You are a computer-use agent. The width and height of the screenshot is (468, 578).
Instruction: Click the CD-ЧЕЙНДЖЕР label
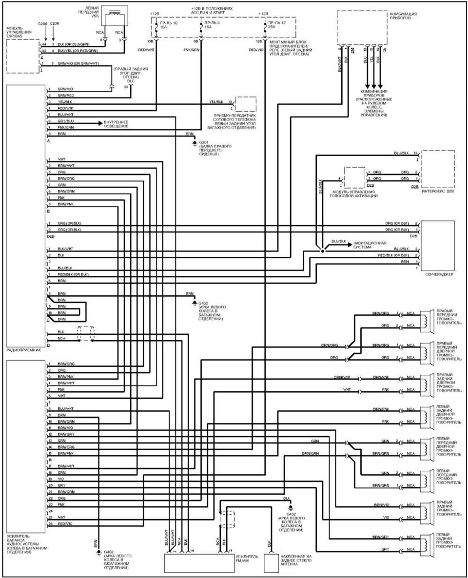440,274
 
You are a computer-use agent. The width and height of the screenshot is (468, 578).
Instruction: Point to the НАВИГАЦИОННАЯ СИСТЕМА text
370,245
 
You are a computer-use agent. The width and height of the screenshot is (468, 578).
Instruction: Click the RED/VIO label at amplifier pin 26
65,524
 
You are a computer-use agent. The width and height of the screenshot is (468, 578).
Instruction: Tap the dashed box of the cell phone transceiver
246,104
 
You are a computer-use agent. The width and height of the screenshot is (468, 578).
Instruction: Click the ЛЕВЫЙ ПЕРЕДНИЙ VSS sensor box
114,18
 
